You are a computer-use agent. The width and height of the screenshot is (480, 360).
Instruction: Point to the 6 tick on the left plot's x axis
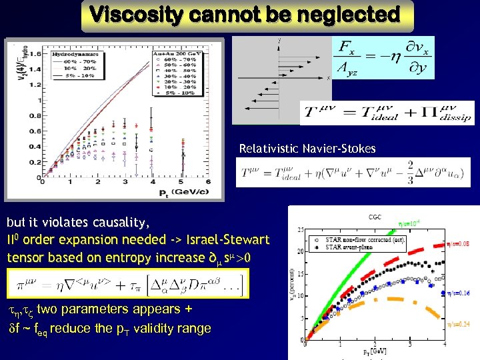click(x=209, y=182)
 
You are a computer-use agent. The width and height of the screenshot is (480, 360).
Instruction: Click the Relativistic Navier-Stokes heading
click(x=307, y=149)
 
